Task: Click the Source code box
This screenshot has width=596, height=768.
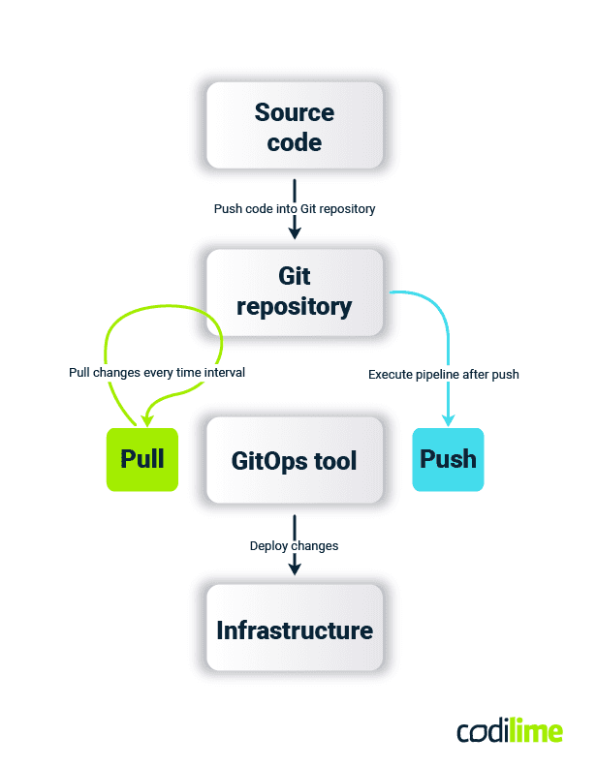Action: pos(294,126)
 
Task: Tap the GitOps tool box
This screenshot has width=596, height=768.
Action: pos(294,460)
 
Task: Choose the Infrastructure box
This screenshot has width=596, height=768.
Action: pos(294,630)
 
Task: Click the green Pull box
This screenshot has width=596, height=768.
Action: pos(141,459)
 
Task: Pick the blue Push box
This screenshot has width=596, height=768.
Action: pos(448,459)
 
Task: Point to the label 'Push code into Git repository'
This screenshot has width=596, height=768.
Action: pos(294,208)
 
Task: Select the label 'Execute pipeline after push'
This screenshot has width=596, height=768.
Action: pos(444,373)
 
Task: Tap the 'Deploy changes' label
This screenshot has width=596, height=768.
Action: pos(294,545)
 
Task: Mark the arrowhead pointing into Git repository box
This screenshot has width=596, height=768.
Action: pos(295,232)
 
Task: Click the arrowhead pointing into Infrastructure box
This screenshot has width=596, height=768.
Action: pos(295,569)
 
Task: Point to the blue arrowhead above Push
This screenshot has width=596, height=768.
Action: pos(449,419)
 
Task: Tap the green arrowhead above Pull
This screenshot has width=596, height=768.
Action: pos(146,419)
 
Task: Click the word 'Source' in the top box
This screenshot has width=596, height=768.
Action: pos(294,112)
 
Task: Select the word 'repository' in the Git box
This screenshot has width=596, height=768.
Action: pos(294,307)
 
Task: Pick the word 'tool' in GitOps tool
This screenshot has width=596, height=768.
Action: pos(333,460)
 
